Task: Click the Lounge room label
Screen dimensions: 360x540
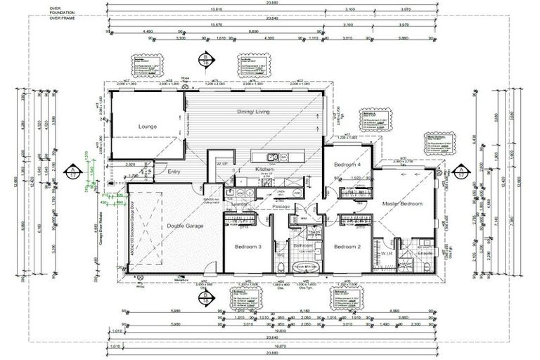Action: click(x=147, y=127)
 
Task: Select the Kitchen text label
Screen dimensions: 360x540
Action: click(x=245, y=170)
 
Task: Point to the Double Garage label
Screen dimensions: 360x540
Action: click(x=186, y=226)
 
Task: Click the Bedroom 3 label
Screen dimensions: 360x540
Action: click(x=249, y=247)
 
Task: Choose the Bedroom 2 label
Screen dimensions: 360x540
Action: click(x=347, y=247)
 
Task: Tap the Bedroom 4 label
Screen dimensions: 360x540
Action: click(x=347, y=165)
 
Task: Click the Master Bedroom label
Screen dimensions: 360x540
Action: click(x=402, y=204)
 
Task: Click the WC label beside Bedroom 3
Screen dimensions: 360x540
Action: click(x=280, y=255)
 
